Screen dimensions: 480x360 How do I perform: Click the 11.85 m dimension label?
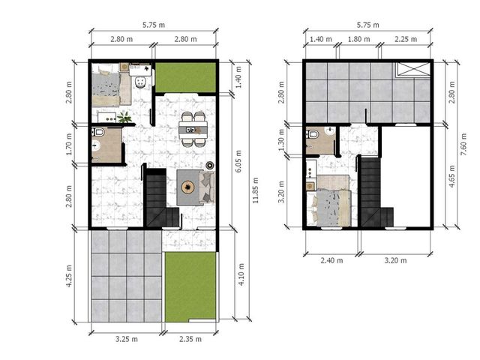click(256, 190)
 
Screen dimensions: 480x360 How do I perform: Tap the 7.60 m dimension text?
click(463, 144)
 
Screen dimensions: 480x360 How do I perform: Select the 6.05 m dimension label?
click(238, 161)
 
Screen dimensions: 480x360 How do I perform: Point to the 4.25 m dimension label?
click(69, 276)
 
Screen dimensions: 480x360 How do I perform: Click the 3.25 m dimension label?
click(127, 339)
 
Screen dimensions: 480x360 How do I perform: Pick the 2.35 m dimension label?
click(190, 339)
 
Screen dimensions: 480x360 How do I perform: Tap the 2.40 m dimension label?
click(331, 260)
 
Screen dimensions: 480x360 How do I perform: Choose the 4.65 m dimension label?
click(451, 176)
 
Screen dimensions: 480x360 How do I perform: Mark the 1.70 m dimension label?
click(69, 144)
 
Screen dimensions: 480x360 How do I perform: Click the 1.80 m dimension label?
click(358, 39)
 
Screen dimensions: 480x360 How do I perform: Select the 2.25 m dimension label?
click(406, 39)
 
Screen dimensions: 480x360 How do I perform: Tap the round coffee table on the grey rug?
click(187, 187)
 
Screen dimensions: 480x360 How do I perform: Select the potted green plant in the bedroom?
click(124, 117)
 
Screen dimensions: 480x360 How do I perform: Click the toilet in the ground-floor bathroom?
click(100, 133)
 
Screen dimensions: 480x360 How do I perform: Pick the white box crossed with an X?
click(413, 69)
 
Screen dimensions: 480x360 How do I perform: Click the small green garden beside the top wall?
click(186, 76)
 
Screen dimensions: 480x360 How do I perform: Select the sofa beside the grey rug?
click(207, 187)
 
